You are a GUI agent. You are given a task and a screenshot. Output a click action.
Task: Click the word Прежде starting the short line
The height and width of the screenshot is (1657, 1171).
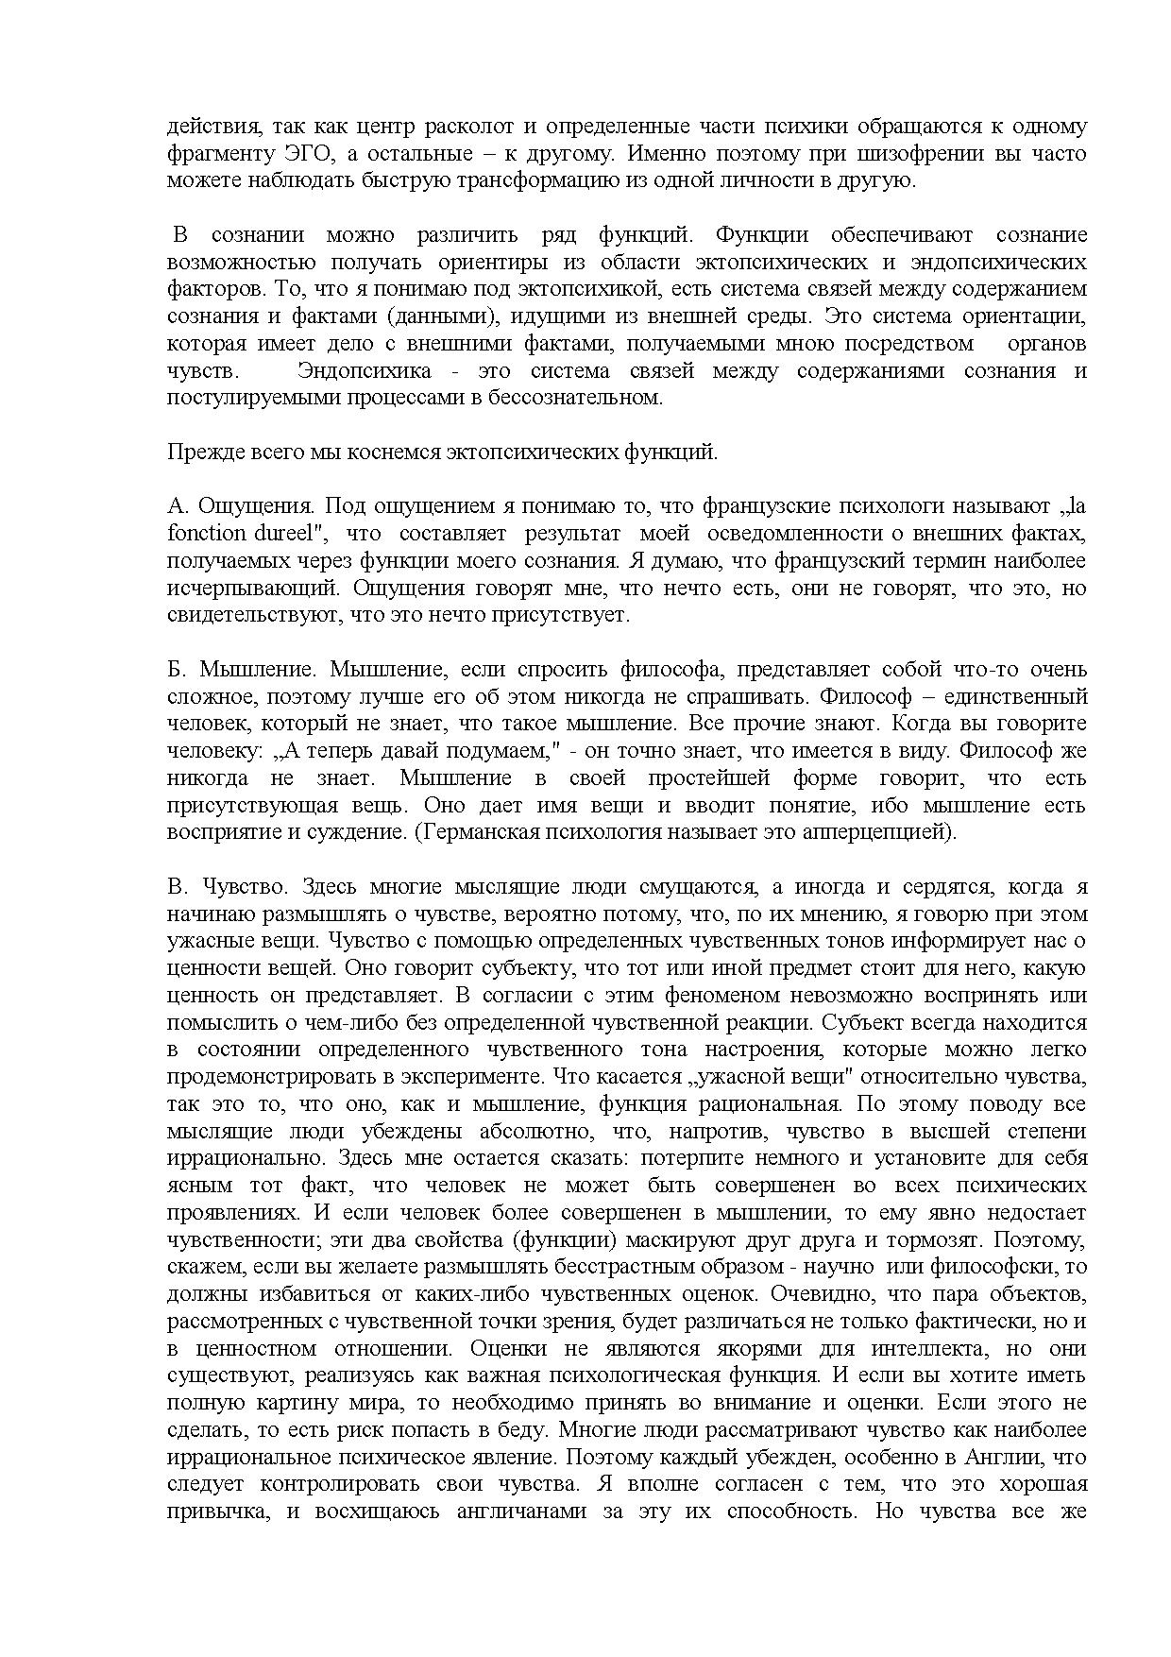tap(197, 453)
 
